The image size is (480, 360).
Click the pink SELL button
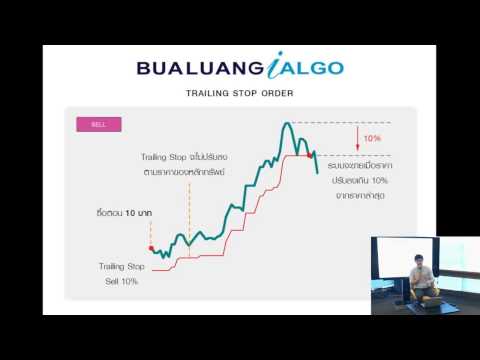click(x=98, y=125)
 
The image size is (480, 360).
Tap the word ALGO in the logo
click(x=309, y=68)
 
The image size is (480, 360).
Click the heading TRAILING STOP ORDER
click(x=240, y=97)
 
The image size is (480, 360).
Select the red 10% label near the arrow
click(x=371, y=138)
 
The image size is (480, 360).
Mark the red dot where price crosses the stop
click(x=310, y=156)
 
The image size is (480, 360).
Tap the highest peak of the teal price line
click(x=288, y=123)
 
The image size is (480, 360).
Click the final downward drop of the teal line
click(x=316, y=164)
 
